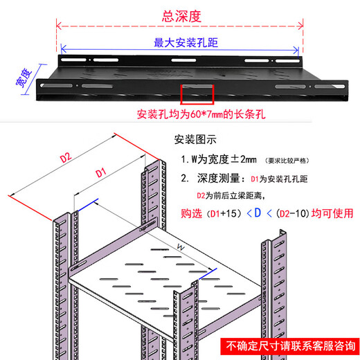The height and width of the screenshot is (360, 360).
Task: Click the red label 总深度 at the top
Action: pyautogui.click(x=182, y=15)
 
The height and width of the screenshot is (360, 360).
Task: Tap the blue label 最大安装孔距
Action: pyautogui.click(x=181, y=41)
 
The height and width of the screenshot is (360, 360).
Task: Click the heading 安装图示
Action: pyautogui.click(x=196, y=138)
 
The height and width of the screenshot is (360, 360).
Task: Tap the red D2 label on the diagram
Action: pyautogui.click(x=66, y=158)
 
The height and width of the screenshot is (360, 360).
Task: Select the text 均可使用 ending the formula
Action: pyautogui.click(x=331, y=213)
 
